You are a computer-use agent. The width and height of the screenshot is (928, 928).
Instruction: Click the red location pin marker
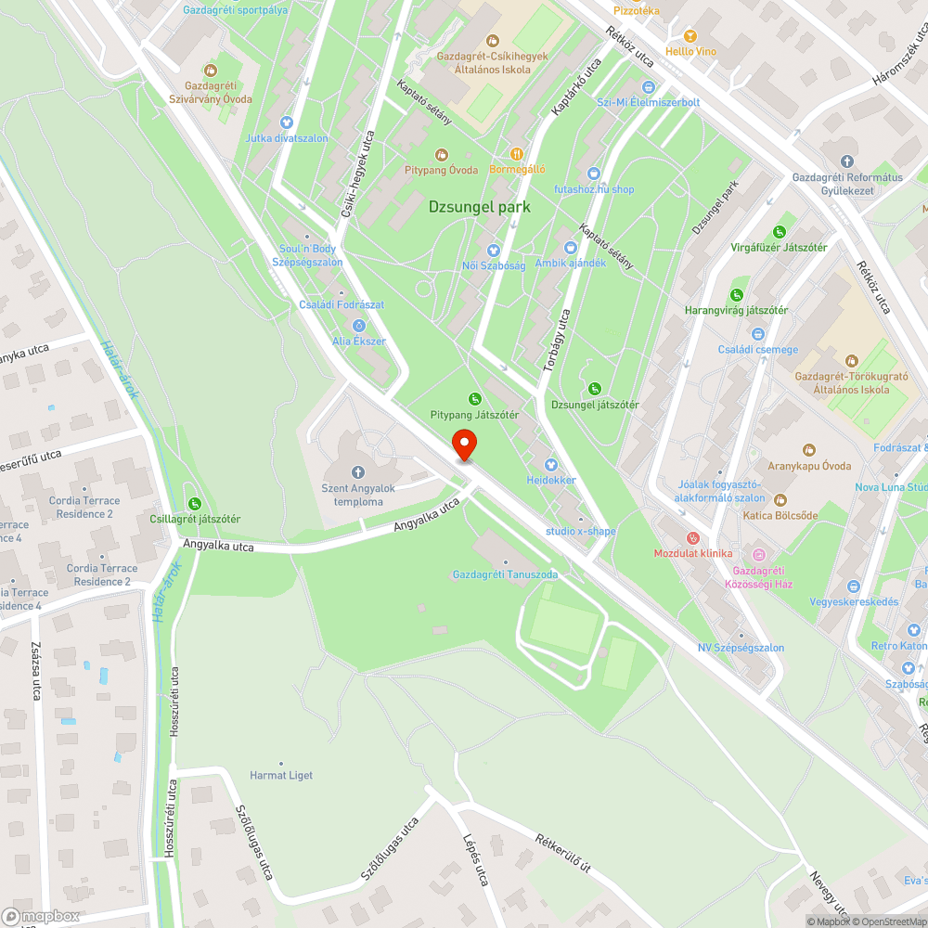tap(464, 445)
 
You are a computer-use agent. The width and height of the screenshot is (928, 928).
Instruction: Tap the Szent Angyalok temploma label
tap(358, 496)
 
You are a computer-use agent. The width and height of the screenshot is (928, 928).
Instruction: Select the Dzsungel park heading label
tap(480, 207)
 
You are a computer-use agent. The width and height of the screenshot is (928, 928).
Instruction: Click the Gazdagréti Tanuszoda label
tap(505, 574)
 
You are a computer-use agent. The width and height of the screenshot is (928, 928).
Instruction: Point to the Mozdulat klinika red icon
tap(691, 538)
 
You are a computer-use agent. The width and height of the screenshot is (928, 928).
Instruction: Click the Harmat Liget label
tap(281, 775)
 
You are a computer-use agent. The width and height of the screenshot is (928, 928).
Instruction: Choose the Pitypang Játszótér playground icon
tap(475, 398)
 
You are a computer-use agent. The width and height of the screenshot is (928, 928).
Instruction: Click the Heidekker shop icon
tap(550, 464)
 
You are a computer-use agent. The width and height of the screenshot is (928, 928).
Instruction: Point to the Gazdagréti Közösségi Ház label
tap(758, 577)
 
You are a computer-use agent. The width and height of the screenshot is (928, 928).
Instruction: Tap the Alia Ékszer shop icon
tap(358, 325)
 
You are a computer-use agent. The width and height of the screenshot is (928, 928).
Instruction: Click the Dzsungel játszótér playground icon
tap(595, 388)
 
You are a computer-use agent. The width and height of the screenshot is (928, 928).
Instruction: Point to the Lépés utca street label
tap(475, 860)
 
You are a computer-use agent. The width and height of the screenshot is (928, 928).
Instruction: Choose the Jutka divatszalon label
tap(287, 138)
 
